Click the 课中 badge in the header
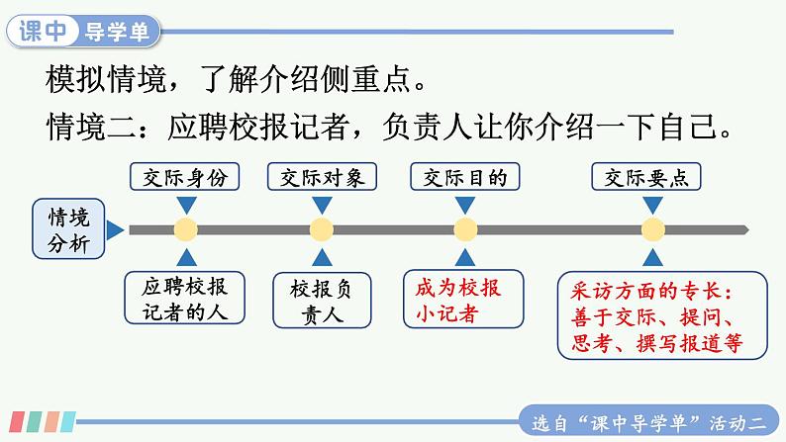coord(44,31)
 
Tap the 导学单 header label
coord(117,32)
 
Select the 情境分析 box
coord(68,228)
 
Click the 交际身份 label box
coord(184,177)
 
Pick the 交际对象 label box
coord(322,177)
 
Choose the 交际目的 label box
coord(464,177)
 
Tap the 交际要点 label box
coord(646,177)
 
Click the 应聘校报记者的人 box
coord(184,298)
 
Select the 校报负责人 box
coord(322,301)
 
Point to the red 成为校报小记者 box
coord(463,300)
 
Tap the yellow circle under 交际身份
coord(186,229)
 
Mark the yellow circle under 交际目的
coord(465,229)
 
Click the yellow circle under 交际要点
coord(652,229)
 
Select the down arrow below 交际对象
coord(322,205)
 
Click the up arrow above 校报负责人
coord(322,257)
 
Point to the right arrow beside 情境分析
coord(115,229)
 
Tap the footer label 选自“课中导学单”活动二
coord(648,424)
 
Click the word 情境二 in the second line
coord(92,127)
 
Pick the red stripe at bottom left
coord(17,421)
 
